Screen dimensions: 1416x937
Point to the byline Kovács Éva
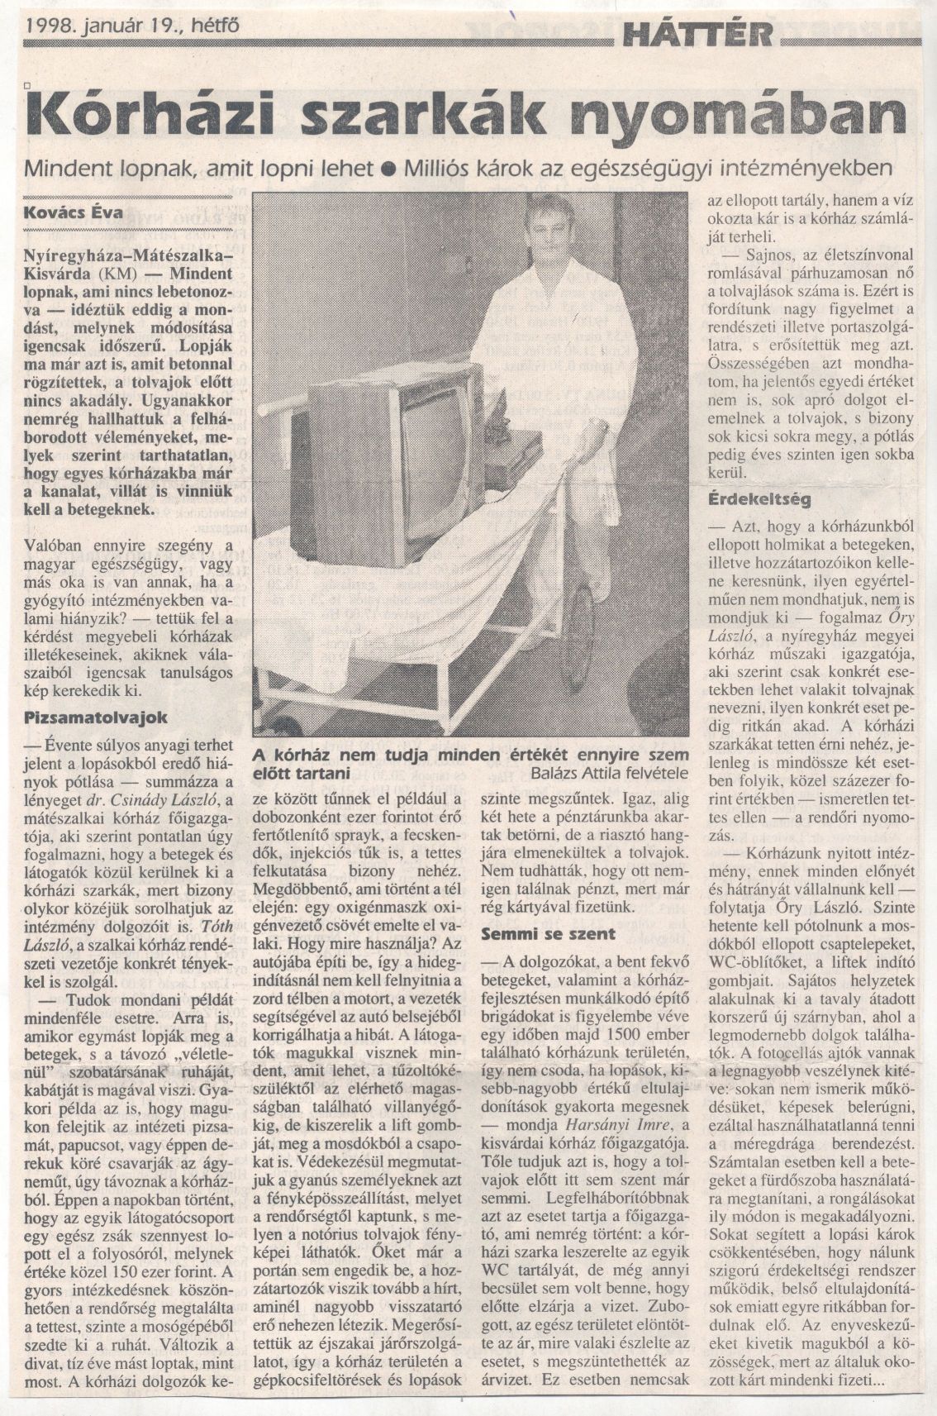click(x=74, y=212)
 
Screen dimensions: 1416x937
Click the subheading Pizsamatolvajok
click(x=97, y=717)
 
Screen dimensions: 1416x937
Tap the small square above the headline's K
click(x=28, y=83)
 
